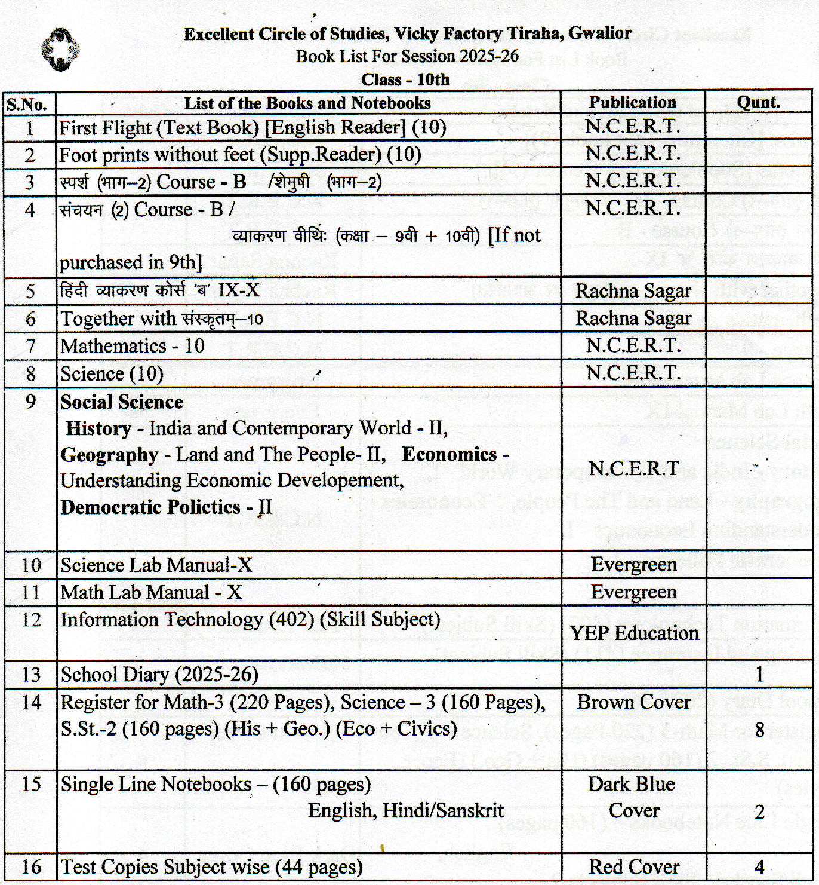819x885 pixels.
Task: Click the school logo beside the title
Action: [60, 50]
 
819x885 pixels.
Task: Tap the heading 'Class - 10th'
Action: [405, 79]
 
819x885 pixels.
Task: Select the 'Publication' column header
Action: [632, 102]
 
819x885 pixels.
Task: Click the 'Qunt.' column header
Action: [758, 102]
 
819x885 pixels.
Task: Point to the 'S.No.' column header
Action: [27, 105]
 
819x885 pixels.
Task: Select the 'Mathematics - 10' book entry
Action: [133, 346]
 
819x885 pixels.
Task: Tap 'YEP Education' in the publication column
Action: [633, 633]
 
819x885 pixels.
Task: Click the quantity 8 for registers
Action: [759, 729]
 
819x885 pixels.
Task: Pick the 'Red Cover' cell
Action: [633, 866]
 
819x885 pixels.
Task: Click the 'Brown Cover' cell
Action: [633, 702]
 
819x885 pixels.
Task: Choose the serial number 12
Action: [30, 620]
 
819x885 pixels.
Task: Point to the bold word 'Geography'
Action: [109, 455]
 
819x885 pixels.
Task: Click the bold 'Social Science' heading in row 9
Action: [122, 402]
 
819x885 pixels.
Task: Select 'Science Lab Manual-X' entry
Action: [156, 565]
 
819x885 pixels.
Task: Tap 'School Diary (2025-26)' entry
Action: [159, 675]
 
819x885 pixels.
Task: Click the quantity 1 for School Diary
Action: [759, 675]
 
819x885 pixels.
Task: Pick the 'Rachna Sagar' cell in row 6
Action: [633, 319]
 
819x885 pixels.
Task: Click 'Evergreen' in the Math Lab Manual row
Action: [633, 592]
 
